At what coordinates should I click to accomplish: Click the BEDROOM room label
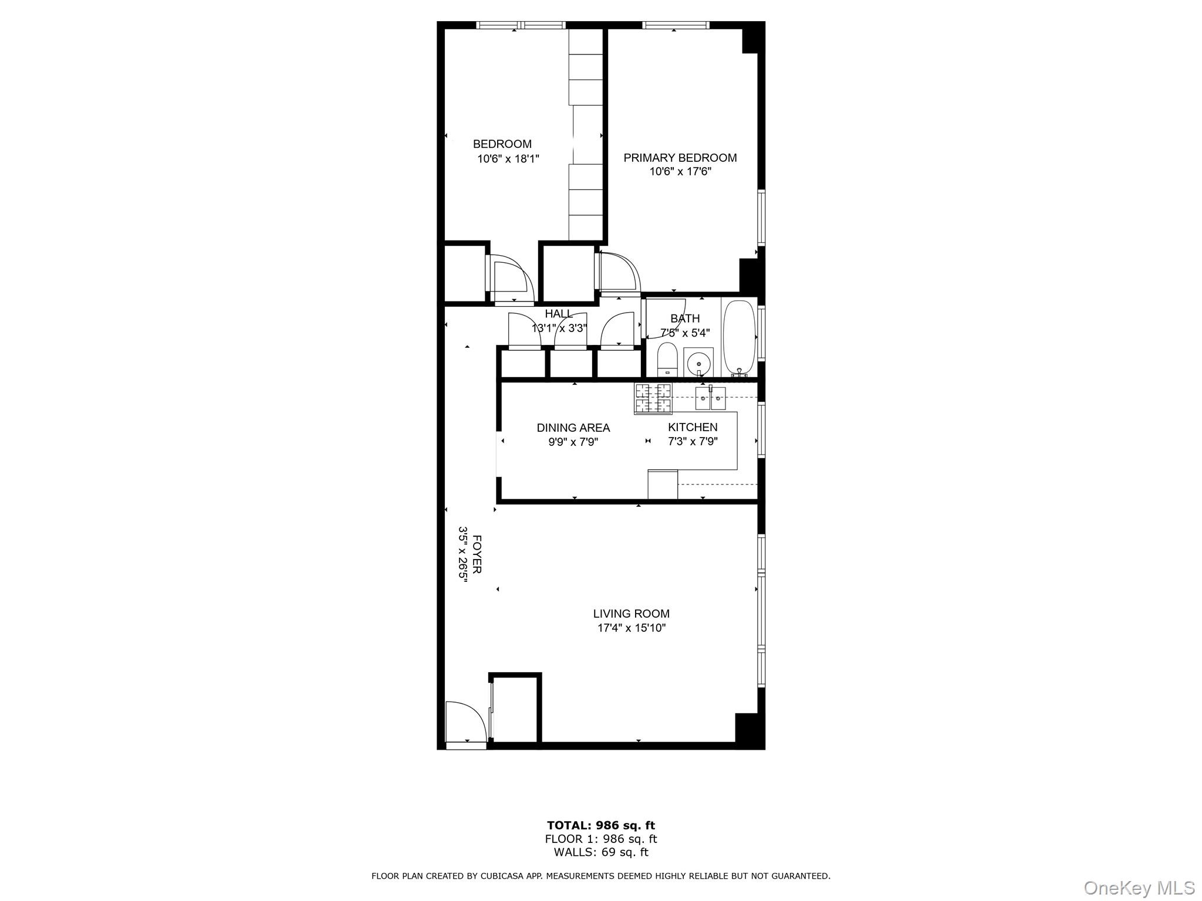point(502,144)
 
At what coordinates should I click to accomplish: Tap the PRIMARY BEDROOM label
point(680,158)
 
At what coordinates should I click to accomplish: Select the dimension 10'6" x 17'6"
point(680,172)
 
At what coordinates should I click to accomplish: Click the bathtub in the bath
point(738,337)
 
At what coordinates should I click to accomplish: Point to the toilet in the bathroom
point(667,360)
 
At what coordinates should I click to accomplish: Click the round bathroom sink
point(698,362)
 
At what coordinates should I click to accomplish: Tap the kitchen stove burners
point(653,398)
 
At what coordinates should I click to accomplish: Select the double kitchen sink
point(710,398)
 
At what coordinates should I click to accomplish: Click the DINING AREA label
point(573,428)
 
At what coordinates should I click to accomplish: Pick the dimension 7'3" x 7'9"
point(693,442)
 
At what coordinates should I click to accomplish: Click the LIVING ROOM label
point(631,614)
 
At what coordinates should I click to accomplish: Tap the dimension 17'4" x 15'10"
point(631,628)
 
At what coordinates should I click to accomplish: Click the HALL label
point(558,314)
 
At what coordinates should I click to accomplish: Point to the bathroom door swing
point(666,318)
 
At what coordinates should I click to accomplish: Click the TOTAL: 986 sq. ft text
point(600,826)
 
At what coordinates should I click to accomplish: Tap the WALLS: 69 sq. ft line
point(600,852)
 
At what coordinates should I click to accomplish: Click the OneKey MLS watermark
point(1139,888)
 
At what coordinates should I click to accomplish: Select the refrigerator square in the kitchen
point(663,485)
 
